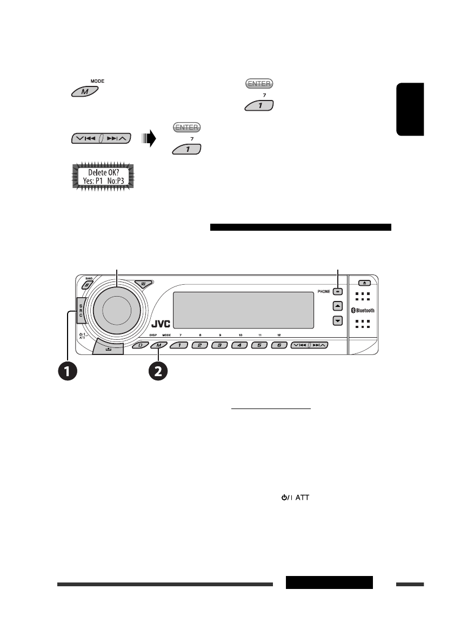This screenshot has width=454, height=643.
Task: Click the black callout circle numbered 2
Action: pos(158,371)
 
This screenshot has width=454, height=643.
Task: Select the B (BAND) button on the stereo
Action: pos(86,285)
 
